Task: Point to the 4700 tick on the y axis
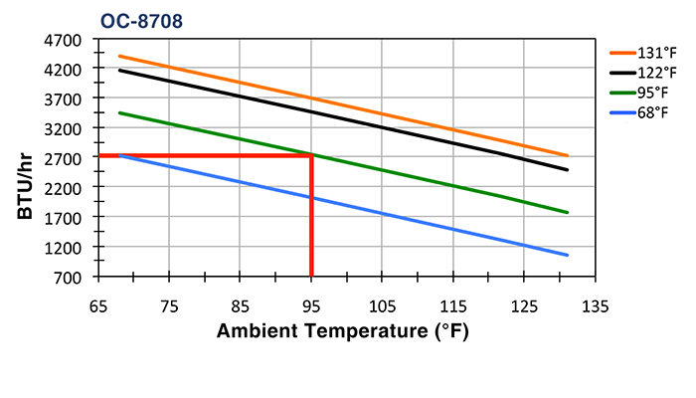(64, 40)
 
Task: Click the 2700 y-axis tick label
(64, 157)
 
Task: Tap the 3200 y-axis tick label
(64, 128)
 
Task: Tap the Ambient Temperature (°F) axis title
(342, 331)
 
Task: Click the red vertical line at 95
(311, 219)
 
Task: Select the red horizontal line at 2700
(199, 156)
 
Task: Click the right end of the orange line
(567, 155)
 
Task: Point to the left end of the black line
(119, 70)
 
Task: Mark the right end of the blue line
(567, 255)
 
